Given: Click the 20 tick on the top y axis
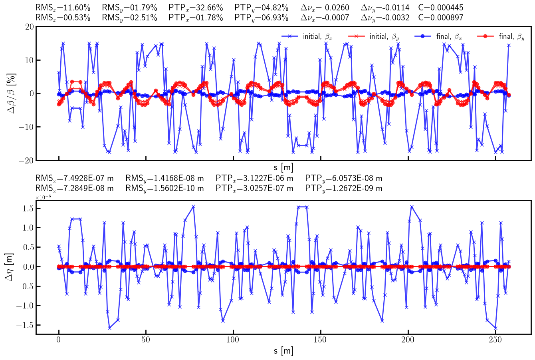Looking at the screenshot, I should [29, 27].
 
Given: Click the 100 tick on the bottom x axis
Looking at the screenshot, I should [233, 339].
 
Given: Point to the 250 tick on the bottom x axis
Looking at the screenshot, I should [495, 339].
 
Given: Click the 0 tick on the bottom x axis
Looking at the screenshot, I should [59, 339].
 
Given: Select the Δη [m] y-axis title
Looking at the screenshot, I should [10, 267].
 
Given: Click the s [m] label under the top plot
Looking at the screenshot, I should [283, 167].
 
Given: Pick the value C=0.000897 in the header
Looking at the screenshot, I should [441, 18].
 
